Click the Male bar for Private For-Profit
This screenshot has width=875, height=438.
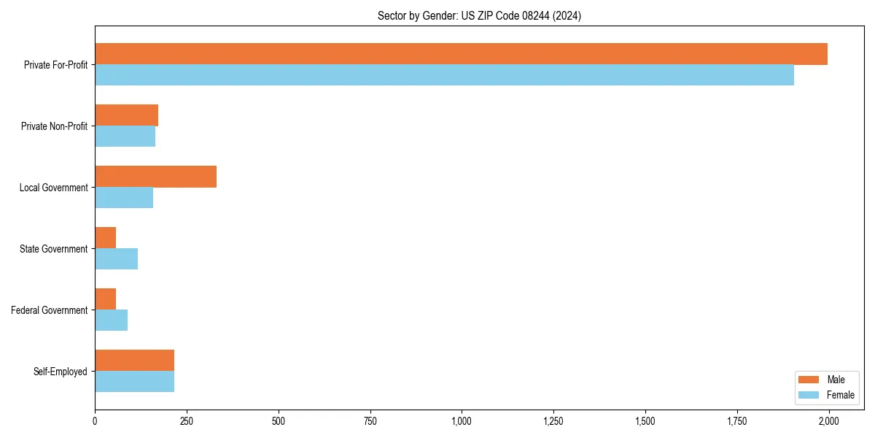coord(461,54)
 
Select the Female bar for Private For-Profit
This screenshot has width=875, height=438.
coord(444,75)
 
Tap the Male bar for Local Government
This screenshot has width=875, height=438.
coord(155,177)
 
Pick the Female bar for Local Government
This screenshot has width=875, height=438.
coord(124,198)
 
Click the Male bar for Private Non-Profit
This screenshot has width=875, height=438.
coord(126,115)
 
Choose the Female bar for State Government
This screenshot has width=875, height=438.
coord(116,259)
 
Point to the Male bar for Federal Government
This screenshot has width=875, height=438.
coord(105,299)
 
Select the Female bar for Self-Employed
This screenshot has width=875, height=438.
coord(134,382)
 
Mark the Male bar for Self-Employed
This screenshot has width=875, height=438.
coord(134,361)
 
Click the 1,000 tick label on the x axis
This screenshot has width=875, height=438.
coord(462,421)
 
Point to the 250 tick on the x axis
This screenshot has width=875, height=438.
coord(187,421)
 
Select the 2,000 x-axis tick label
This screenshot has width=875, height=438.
coord(828,421)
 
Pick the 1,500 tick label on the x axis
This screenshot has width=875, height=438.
coord(645,421)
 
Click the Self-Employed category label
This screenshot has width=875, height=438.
coord(61,372)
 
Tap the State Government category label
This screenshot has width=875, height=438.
coord(53,249)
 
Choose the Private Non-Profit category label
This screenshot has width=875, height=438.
coord(54,126)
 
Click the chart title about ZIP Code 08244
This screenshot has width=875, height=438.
coord(479,15)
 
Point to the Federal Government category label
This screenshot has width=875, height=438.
coord(50,310)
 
